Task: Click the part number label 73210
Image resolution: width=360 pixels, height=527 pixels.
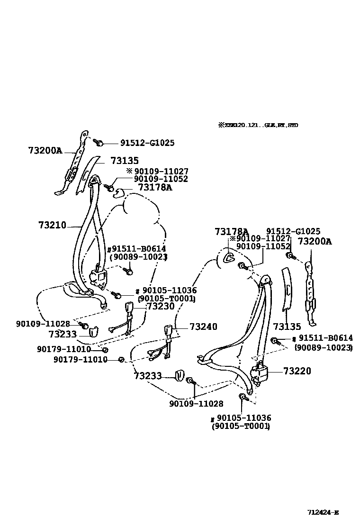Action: click(x=52, y=226)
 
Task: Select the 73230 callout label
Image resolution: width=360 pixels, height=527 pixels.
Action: click(x=161, y=307)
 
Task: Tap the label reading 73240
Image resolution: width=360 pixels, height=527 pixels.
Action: click(x=203, y=327)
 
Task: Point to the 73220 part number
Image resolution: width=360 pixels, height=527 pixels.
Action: click(x=297, y=371)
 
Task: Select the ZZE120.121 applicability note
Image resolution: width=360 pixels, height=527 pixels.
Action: click(x=258, y=126)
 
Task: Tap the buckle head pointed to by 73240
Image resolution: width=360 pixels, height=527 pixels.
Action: click(x=168, y=331)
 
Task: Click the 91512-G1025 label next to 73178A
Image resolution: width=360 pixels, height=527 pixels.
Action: click(x=293, y=232)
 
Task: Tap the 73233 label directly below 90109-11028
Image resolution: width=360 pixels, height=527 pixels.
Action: click(x=62, y=334)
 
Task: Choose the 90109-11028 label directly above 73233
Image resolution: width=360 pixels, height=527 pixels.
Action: click(x=43, y=324)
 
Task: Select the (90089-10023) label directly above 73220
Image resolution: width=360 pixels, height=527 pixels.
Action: click(x=324, y=347)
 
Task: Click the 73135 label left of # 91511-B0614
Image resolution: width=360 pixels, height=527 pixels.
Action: click(x=287, y=327)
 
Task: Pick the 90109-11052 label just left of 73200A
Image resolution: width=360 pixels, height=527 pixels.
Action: click(x=263, y=246)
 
